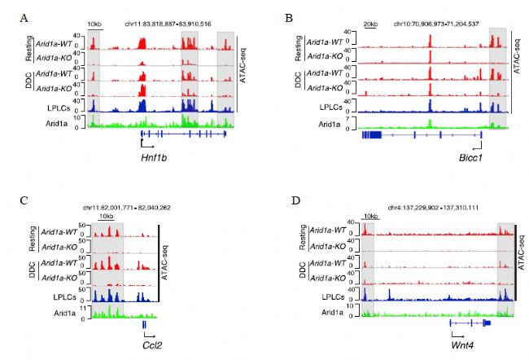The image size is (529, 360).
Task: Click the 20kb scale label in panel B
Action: [x=372, y=25]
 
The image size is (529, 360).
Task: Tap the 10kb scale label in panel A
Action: [x=93, y=25]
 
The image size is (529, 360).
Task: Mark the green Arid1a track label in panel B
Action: [x=336, y=123]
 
